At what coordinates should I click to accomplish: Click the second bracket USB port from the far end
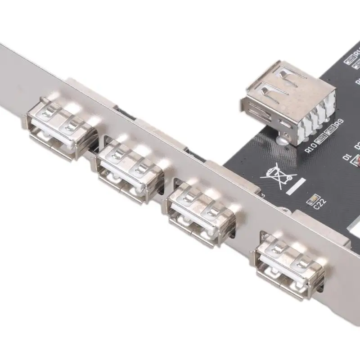(x=130, y=166)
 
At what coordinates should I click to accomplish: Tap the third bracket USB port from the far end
(x=200, y=209)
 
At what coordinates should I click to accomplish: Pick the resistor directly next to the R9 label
(x=331, y=130)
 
